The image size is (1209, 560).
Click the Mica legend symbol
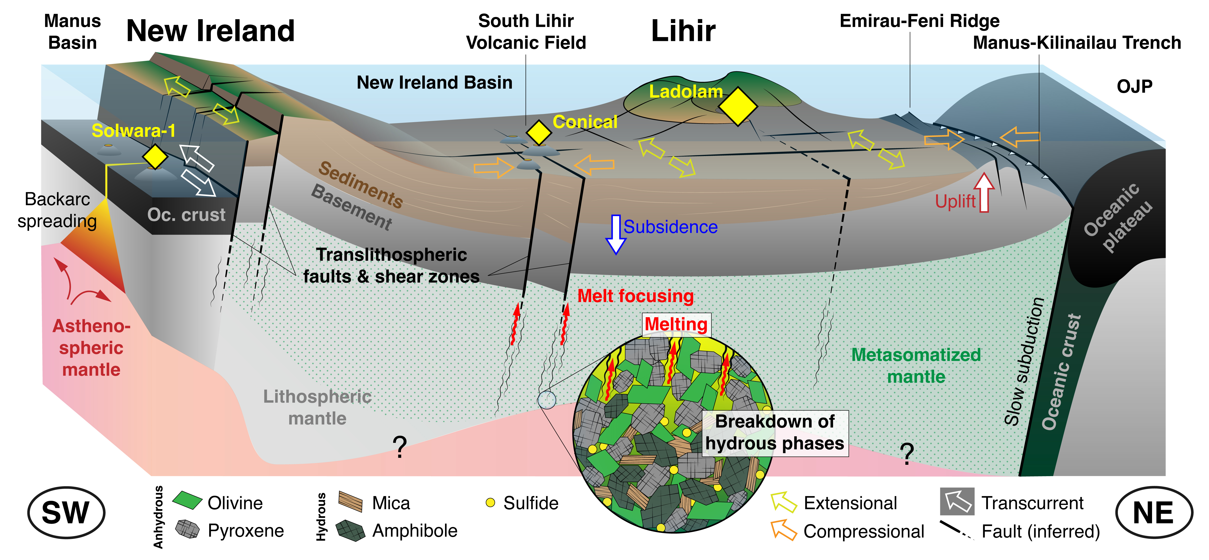(350, 501)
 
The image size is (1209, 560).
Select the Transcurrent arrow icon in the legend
(957, 501)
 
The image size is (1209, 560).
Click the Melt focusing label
(636, 296)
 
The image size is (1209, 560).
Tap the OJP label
(1134, 86)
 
